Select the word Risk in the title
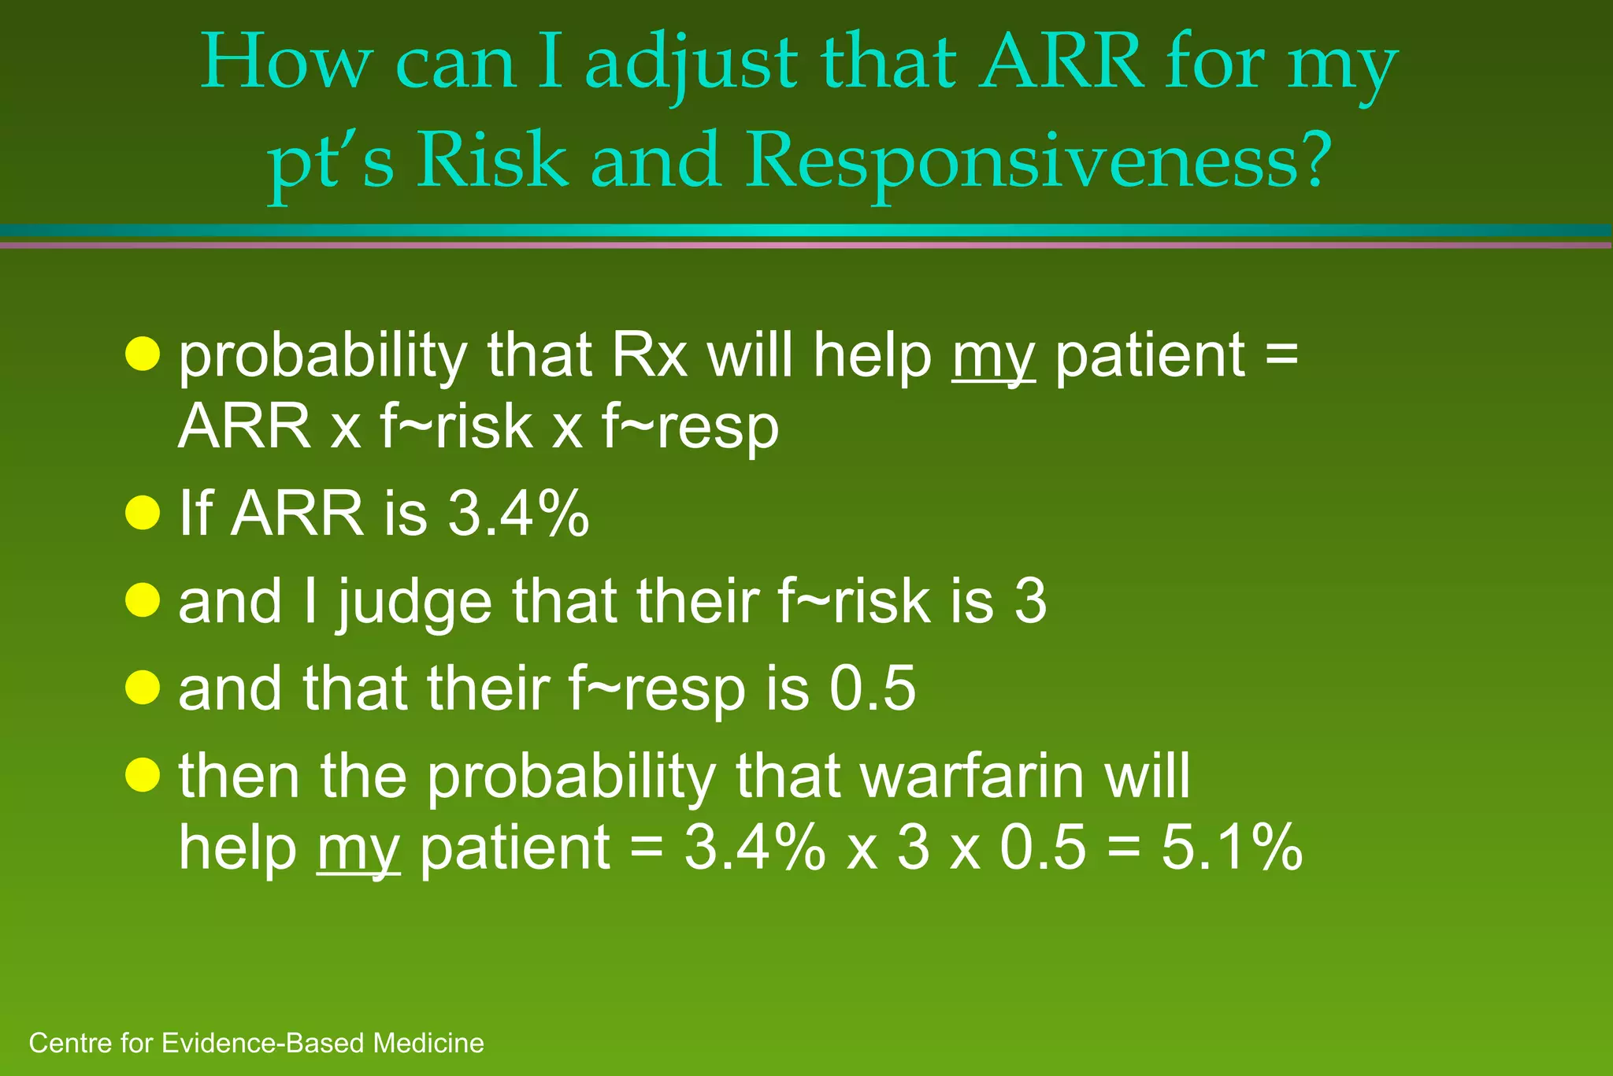coord(491,160)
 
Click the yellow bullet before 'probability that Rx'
coord(143,354)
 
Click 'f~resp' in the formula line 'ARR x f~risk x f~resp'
coord(690,429)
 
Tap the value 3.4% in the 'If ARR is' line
coord(518,514)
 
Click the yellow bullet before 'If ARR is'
coord(143,513)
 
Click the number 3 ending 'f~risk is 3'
coord(1029,601)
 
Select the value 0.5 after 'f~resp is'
coord(872,688)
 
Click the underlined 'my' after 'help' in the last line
coord(358,852)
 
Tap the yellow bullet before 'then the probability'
coord(143,775)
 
